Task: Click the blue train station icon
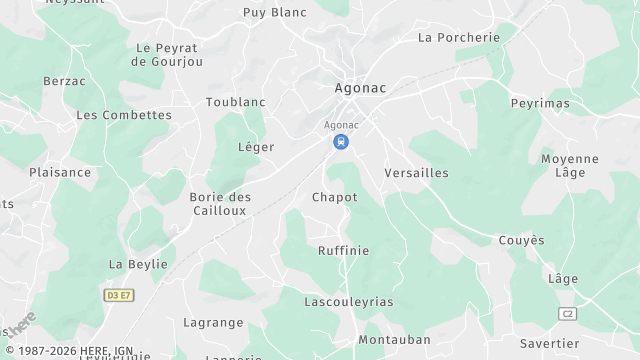coord(342,142)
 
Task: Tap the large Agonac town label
coord(360,88)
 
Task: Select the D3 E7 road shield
coord(118,295)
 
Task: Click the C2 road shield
coord(568,313)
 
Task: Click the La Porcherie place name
coord(458,38)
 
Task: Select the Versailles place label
coord(416,173)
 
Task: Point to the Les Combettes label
coord(124,115)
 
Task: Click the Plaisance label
coord(60,172)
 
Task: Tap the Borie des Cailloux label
coord(220,204)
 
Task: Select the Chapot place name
coord(334,197)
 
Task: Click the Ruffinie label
coord(343,250)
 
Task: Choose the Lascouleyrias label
coord(349,301)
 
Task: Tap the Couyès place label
coord(522,240)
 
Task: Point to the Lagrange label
coord(213,322)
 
